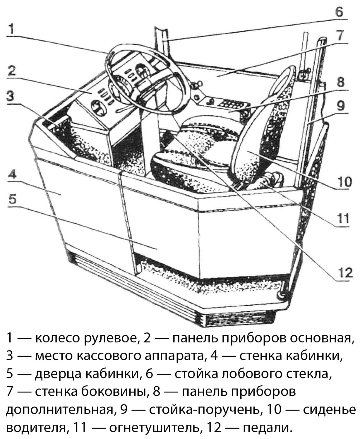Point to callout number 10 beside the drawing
(344, 182)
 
